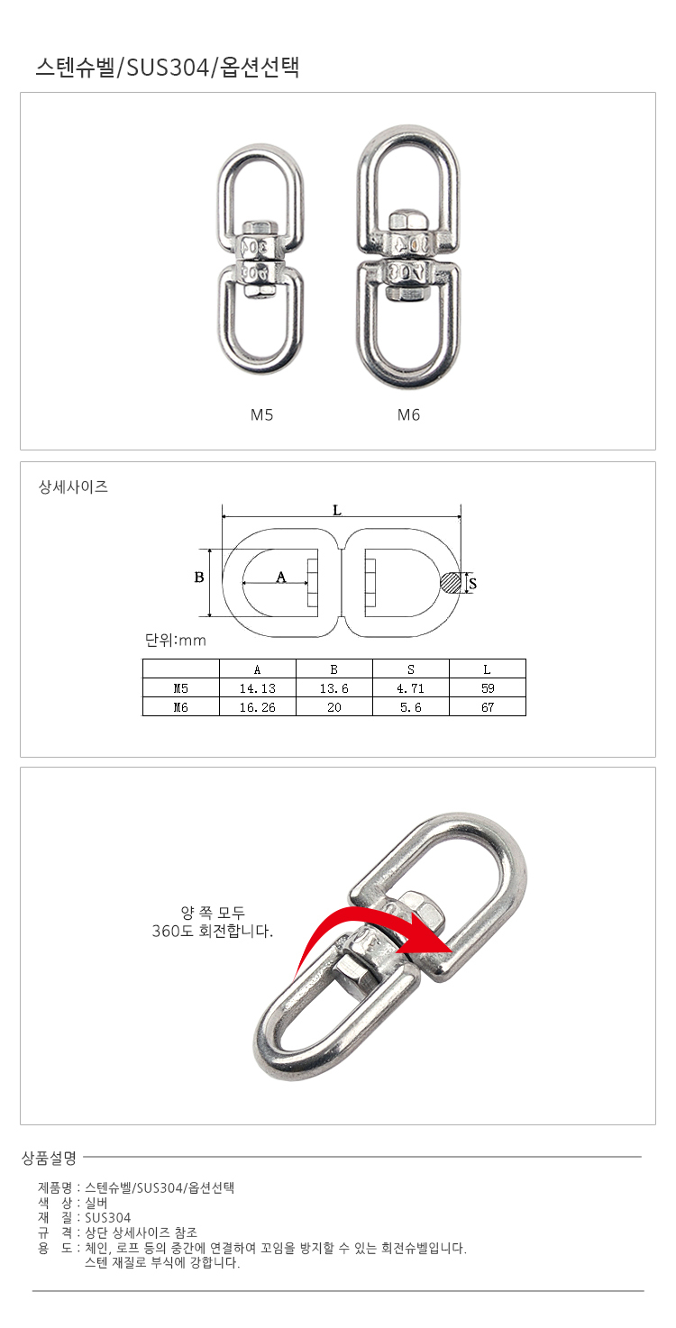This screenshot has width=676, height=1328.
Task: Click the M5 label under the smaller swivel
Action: coord(261,415)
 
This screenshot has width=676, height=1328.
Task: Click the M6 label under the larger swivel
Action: coord(408,415)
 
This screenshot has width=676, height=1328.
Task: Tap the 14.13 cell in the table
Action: coord(258,688)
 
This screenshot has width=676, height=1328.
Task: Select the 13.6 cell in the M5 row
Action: coord(333,688)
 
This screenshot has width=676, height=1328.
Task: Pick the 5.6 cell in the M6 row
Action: coord(410,707)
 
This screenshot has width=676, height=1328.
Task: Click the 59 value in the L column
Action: coord(488,688)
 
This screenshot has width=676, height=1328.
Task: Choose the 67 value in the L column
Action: coord(488,707)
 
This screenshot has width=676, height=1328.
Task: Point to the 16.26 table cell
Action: coord(258,707)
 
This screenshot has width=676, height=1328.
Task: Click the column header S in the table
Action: coord(411,669)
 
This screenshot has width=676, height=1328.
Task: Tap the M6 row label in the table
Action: coord(181,707)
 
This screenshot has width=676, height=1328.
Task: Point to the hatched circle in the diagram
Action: coord(451,583)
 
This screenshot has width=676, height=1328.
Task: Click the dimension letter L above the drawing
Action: coord(337,511)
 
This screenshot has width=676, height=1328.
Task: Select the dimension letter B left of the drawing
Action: coord(199,578)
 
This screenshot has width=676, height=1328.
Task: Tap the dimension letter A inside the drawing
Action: coord(281,577)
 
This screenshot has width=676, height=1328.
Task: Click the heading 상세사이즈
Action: coord(73,487)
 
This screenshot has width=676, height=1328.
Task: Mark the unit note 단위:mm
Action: coord(176,641)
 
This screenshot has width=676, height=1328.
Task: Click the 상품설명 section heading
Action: coord(50,1158)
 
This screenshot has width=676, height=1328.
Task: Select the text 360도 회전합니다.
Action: coord(213,931)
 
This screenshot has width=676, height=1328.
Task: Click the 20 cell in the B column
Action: coord(333,707)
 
